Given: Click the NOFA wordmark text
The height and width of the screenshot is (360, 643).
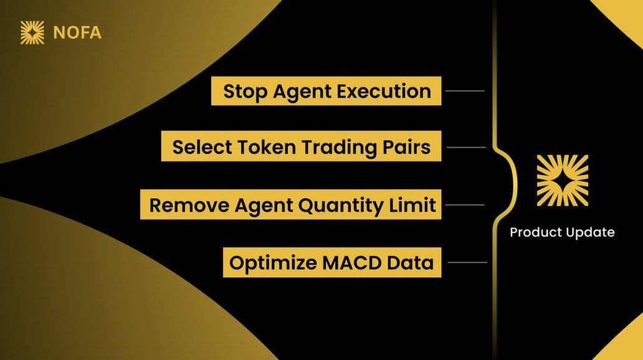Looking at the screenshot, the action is [x=77, y=33].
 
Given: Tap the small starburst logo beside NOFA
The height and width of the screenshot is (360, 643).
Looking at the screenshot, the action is [x=32, y=32].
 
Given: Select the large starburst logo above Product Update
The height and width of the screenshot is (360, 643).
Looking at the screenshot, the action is [x=562, y=181].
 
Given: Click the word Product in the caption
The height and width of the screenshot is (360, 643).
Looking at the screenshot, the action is [x=535, y=232].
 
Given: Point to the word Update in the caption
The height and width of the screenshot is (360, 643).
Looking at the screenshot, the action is [x=589, y=233].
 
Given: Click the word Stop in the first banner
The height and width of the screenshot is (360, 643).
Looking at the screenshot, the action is [x=245, y=92].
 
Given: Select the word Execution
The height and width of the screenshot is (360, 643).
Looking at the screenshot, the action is [x=384, y=91].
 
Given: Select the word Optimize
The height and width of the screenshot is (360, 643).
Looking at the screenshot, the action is [x=273, y=263].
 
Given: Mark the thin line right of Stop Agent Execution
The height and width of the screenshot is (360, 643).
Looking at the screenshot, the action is [x=465, y=90].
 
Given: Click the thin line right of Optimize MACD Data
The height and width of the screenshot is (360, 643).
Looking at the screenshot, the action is [x=467, y=262].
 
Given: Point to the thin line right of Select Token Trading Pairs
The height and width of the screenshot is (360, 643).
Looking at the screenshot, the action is [x=466, y=147].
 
